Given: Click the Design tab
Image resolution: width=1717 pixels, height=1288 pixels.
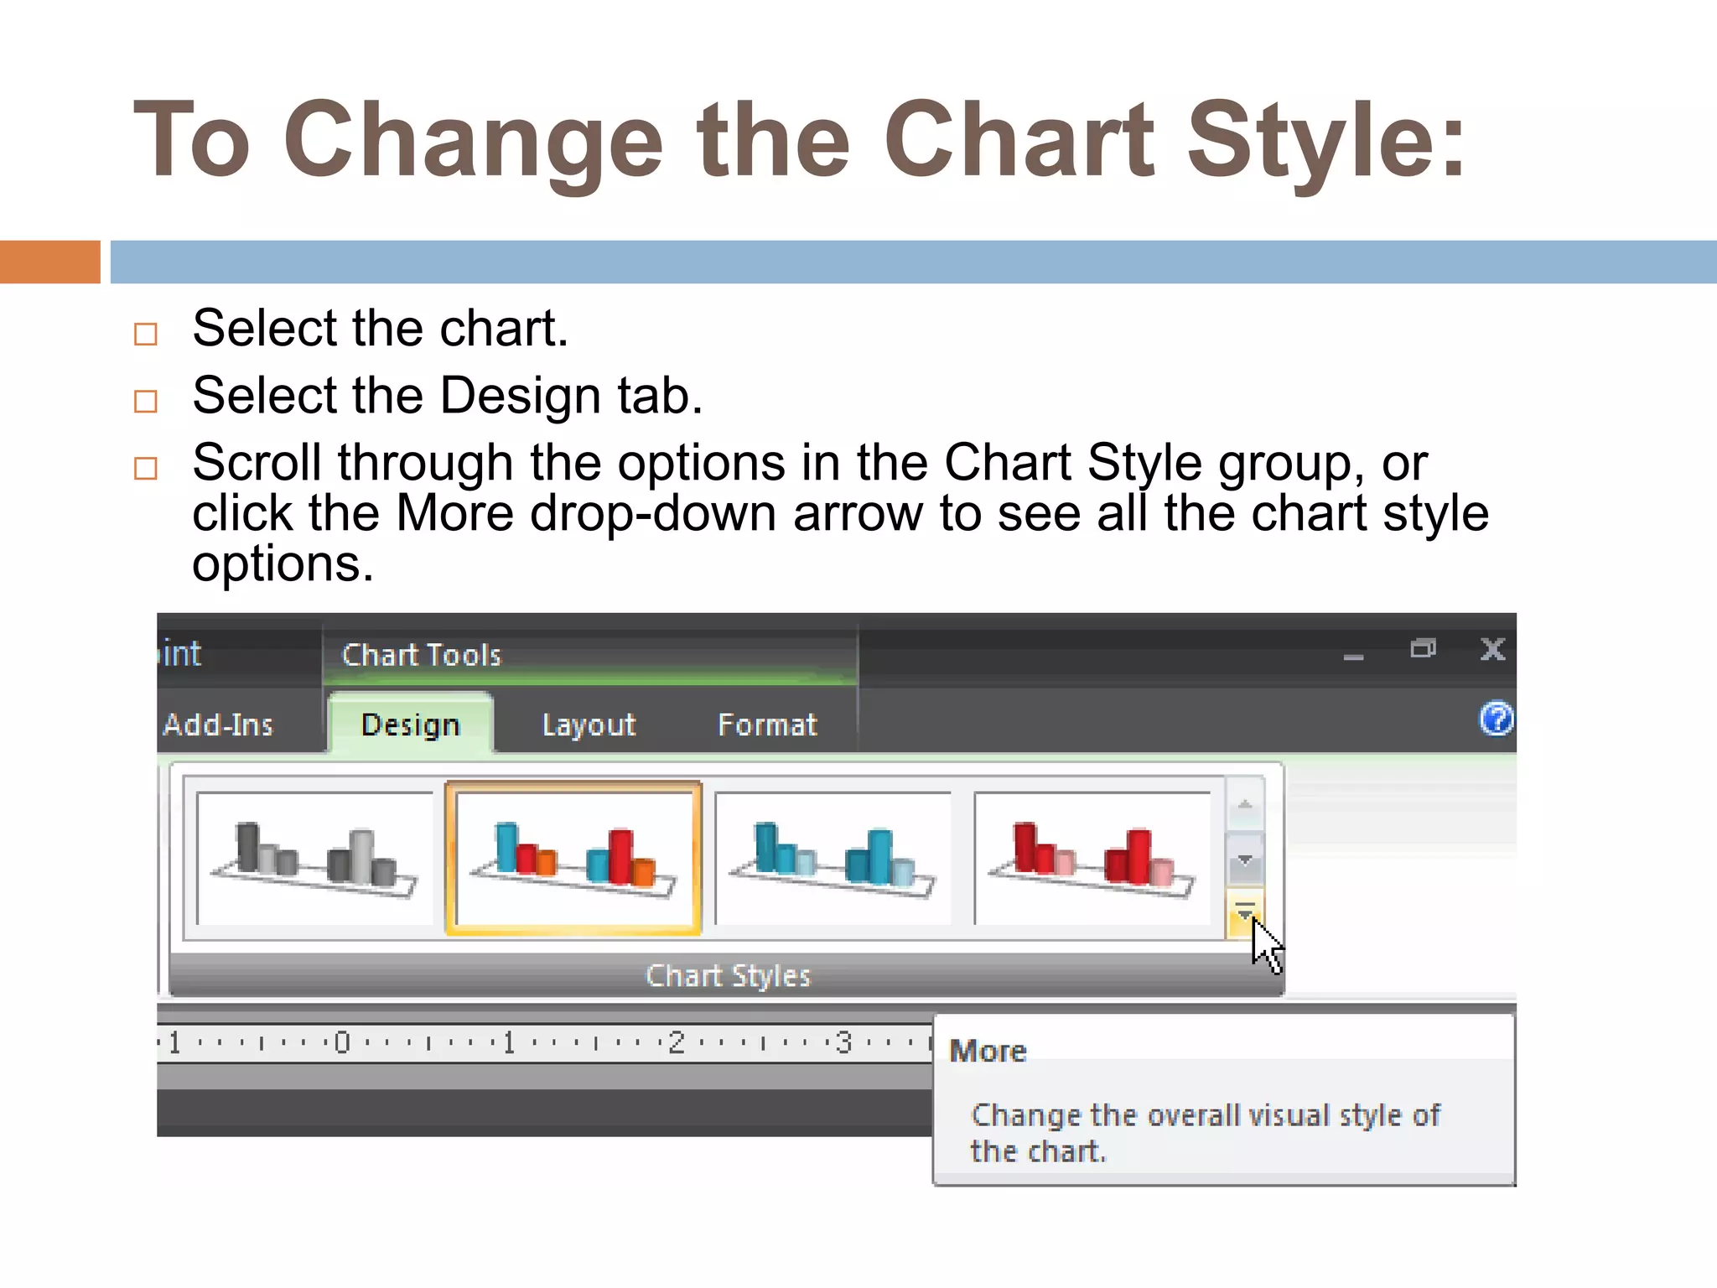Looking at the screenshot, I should [410, 724].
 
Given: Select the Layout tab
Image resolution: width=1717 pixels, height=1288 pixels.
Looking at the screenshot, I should [589, 724].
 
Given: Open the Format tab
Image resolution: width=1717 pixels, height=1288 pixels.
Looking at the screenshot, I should [766, 724].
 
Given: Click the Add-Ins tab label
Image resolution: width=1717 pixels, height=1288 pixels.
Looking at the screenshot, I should [218, 724].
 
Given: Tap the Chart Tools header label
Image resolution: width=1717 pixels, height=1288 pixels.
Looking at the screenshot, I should [421, 655].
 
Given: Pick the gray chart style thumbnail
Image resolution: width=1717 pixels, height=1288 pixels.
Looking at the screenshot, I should [315, 858].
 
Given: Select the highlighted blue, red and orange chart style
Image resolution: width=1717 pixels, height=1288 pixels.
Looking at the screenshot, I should [573, 858].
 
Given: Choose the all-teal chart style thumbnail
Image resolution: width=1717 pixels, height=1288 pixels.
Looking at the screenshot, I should [833, 858].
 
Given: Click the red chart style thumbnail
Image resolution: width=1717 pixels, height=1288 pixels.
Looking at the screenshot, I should [1092, 858].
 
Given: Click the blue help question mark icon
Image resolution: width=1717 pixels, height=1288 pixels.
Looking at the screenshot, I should [1496, 719].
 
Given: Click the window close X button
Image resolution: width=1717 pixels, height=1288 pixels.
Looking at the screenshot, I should [1492, 650].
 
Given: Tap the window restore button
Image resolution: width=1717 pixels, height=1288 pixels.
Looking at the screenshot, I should [1423, 649].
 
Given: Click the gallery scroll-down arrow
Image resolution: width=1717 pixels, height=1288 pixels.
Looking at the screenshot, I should [1245, 860].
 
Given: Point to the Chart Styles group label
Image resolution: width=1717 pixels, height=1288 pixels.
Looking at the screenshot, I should [728, 976].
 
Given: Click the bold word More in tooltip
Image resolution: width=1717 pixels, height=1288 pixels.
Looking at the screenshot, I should [988, 1052].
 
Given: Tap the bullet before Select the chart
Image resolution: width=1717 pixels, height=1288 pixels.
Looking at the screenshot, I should [146, 334].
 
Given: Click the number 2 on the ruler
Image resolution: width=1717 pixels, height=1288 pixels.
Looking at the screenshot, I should [677, 1042].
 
